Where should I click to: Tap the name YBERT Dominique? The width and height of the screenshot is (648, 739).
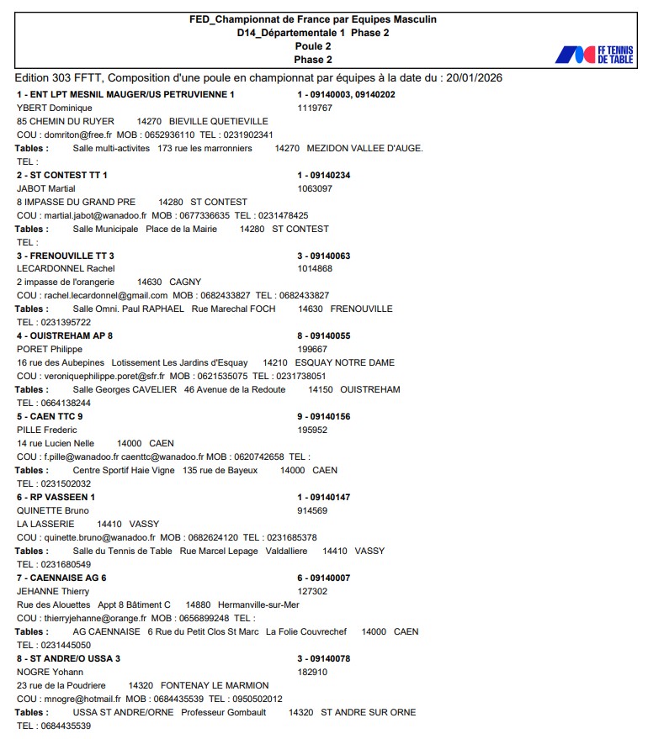tap(55, 108)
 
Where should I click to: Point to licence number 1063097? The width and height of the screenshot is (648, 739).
tap(315, 188)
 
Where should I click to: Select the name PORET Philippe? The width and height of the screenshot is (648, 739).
tap(50, 350)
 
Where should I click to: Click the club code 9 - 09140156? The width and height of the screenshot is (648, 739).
tap(324, 417)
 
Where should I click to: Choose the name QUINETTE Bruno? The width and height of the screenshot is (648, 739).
tap(53, 511)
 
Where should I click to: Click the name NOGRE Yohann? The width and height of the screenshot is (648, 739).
tap(50, 673)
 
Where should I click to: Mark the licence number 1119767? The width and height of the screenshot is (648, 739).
tap(315, 108)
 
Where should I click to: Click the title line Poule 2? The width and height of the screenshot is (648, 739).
tap(312, 46)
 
